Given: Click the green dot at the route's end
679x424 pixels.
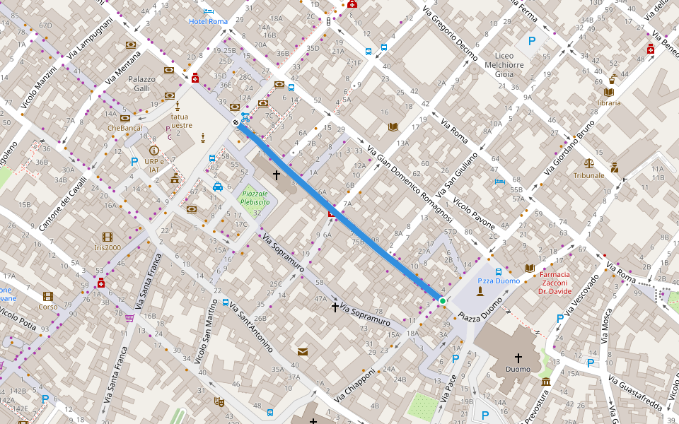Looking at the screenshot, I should (443, 302).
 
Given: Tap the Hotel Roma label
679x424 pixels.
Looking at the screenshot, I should (208, 21).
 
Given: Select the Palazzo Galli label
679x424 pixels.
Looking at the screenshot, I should (141, 83).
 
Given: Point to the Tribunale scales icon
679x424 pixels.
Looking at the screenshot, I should (589, 163).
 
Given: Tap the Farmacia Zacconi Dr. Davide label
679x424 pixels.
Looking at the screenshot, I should (564, 283).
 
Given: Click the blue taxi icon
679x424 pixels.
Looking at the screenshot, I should (218, 187).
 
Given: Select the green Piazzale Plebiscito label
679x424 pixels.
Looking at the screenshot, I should (254, 197).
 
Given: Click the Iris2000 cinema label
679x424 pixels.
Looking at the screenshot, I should (108, 247).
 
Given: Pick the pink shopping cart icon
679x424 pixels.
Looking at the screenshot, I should (129, 318).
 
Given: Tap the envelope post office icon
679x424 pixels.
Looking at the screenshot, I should (303, 352).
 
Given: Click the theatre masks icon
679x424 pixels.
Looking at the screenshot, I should (219, 401).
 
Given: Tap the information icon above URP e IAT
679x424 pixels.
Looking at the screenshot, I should (153, 151).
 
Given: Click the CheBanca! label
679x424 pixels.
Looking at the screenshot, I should (124, 128).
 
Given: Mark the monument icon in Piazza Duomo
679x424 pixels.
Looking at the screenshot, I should (480, 290).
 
